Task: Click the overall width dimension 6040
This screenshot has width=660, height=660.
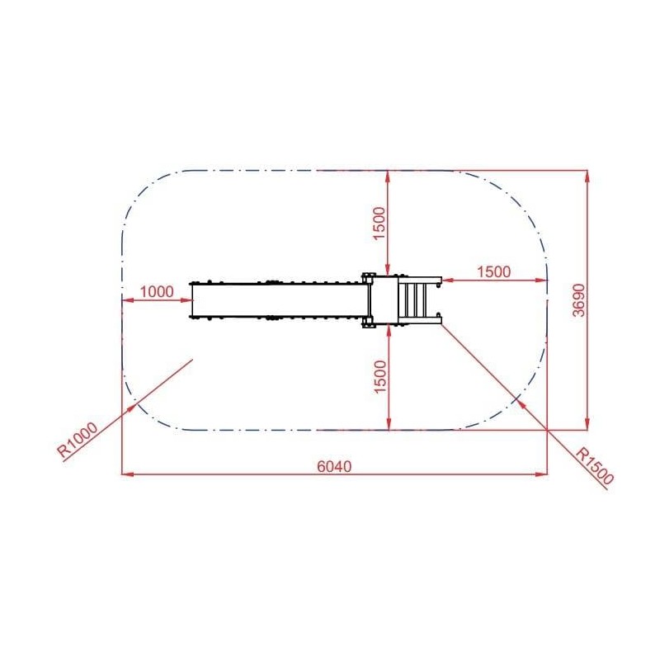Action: point(334,466)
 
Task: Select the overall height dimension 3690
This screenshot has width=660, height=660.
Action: point(579,300)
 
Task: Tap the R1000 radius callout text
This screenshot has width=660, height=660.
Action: point(78,440)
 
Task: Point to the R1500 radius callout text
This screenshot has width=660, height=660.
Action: point(595,466)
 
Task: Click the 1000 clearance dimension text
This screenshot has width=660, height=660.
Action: point(157,292)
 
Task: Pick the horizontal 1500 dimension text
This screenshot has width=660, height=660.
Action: point(493,272)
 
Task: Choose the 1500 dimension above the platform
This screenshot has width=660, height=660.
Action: point(379,223)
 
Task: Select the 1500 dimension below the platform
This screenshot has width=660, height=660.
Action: point(379,377)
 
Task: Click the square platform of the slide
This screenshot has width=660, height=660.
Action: point(384,300)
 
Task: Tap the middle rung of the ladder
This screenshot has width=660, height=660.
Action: point(415,300)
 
